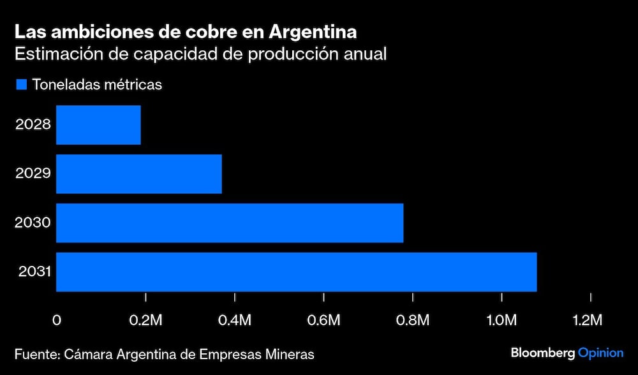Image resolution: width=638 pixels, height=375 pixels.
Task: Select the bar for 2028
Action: click(x=98, y=125)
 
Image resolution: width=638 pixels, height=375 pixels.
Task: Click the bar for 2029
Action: click(x=139, y=174)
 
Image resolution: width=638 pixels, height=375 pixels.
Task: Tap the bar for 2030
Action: click(x=230, y=223)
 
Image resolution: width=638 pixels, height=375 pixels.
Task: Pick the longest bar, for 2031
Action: click(x=297, y=272)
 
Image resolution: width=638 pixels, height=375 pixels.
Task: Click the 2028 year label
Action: click(x=33, y=124)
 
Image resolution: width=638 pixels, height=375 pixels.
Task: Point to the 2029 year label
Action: click(x=33, y=173)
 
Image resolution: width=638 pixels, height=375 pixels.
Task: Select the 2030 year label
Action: click(x=33, y=223)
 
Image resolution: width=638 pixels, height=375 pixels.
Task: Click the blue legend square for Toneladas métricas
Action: click(x=21, y=84)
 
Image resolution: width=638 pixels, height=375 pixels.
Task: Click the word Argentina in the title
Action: click(x=313, y=31)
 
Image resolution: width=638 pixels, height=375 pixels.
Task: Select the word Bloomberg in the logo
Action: click(x=542, y=353)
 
